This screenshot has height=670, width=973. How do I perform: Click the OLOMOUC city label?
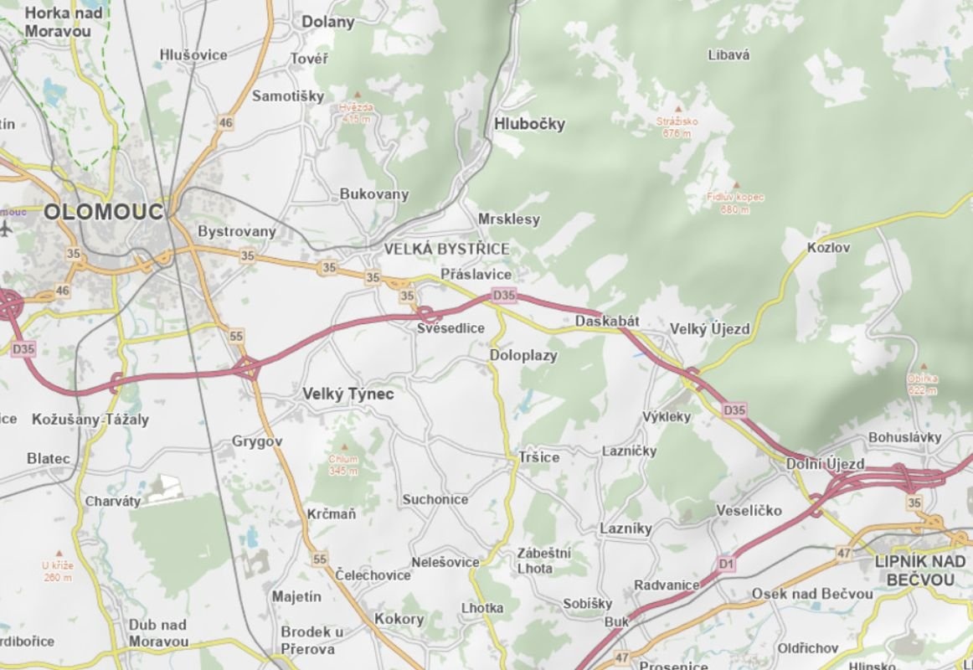[104, 212]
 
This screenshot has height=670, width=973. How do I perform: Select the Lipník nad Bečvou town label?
[920, 570]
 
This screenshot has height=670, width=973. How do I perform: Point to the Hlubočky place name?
[530, 124]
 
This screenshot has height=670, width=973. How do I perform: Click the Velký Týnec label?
[347, 393]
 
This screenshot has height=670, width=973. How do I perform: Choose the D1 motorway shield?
[726, 565]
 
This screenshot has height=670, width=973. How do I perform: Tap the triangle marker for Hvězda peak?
[356, 95]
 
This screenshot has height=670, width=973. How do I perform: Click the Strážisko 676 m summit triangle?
[678, 109]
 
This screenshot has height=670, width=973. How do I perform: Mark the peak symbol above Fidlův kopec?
[736, 185]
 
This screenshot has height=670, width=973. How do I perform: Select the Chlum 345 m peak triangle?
[342, 447]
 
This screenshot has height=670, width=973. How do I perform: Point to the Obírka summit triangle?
[923, 367]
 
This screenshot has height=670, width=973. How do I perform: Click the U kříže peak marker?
[58, 554]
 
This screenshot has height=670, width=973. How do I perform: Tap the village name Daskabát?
[607, 322]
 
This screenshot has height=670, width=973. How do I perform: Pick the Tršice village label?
[538, 457]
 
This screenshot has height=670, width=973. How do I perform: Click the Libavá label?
[728, 55]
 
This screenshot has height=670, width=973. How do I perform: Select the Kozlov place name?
[828, 248]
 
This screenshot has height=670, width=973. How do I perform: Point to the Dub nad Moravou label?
[158, 633]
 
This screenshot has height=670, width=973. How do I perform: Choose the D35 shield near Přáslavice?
[504, 295]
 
